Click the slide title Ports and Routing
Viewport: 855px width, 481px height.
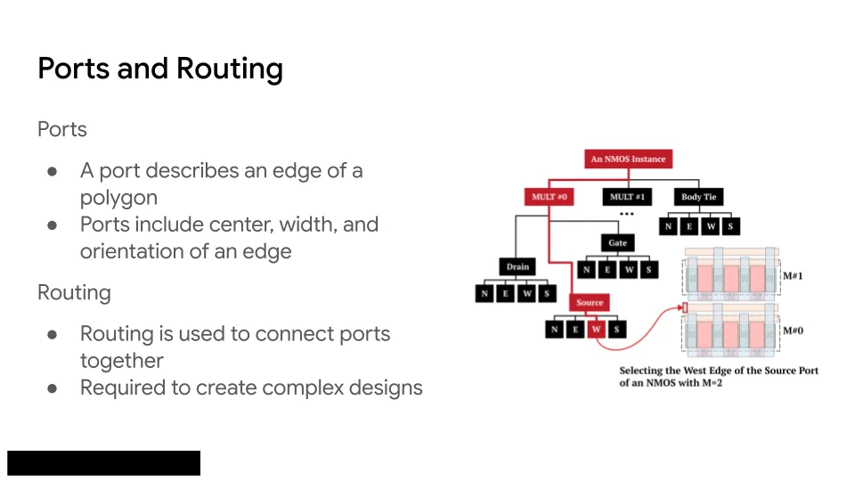tap(160, 69)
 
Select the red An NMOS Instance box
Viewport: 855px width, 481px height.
tap(628, 159)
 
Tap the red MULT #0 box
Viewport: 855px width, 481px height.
tap(550, 197)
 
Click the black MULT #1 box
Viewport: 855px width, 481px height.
tap(627, 197)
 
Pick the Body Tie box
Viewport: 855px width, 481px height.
tap(698, 197)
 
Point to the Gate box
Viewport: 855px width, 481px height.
tap(618, 242)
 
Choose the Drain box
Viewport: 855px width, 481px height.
tap(517, 266)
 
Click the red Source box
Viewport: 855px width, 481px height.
tap(590, 302)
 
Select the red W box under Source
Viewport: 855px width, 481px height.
tap(596, 329)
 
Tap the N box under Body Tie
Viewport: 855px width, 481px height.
tap(668, 226)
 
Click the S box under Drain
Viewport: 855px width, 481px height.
tap(547, 294)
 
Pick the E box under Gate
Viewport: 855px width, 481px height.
tap(607, 269)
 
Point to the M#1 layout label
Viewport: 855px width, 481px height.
tap(793, 276)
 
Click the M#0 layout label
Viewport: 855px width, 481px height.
tap(793, 330)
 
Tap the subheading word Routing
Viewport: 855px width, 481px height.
tap(74, 293)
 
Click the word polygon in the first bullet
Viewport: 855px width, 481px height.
tap(118, 198)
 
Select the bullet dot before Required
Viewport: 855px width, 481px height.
tap(53, 388)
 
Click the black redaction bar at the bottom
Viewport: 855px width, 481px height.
tap(103, 463)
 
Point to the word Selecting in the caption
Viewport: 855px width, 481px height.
tap(641, 371)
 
